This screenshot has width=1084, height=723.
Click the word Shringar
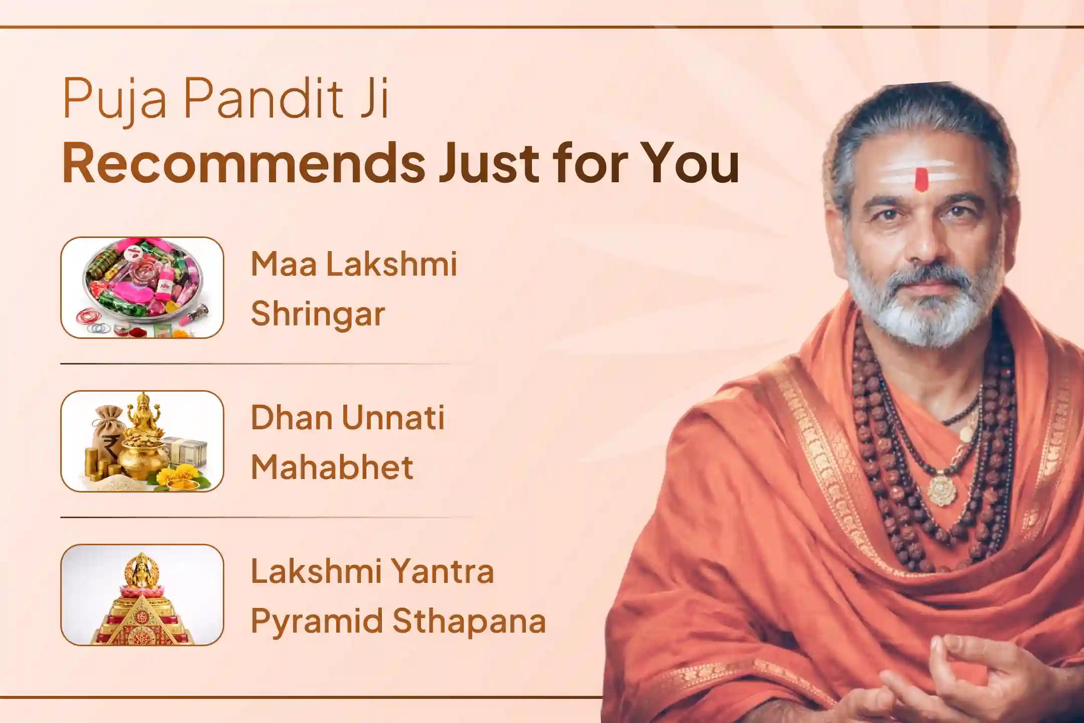click(318, 314)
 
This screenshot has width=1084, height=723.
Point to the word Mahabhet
click(332, 467)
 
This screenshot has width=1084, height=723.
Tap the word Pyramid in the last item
click(316, 621)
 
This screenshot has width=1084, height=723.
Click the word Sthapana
click(469, 621)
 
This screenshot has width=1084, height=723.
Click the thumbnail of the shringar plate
click(142, 287)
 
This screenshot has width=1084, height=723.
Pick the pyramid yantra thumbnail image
click(142, 595)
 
